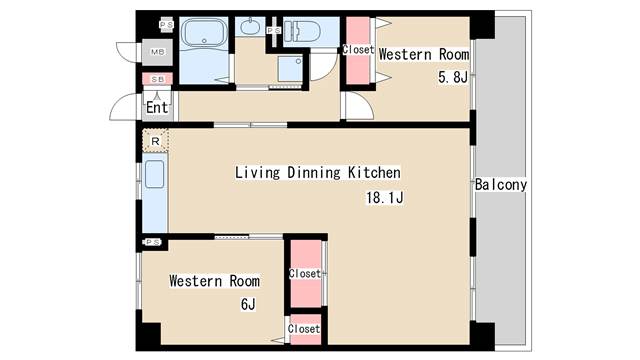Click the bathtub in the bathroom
pos(204,33)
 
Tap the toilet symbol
pos(302,31)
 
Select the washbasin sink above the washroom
pos(249,27)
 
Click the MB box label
pos(158,52)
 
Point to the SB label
pos(158,79)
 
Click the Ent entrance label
pos(157,107)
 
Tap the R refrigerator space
pos(155,141)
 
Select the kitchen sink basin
pos(155,174)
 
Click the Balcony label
pos(501,184)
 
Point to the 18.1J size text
pos(385,198)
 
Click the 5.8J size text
pos(453,77)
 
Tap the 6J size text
pos(248,304)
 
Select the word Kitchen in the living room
pos(374,172)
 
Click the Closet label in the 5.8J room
pos(358,49)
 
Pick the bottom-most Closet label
pos(304,329)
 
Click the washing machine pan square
pos(290,68)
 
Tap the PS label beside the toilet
pos(274,31)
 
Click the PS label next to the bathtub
pos(167,24)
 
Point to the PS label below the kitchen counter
pos(153,242)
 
